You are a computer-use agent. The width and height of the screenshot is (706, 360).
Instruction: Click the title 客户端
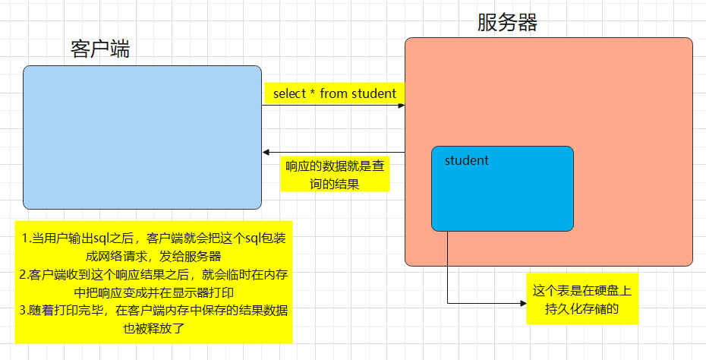click(100, 49)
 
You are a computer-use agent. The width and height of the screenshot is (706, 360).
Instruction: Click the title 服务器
click(507, 22)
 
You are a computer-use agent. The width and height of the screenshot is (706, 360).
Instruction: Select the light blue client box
click(142, 137)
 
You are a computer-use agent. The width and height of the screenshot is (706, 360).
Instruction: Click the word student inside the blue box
click(466, 160)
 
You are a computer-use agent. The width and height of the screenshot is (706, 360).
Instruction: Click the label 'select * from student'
click(334, 93)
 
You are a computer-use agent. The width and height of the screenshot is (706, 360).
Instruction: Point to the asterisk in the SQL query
click(312, 93)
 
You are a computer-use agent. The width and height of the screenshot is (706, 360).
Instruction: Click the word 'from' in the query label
click(333, 93)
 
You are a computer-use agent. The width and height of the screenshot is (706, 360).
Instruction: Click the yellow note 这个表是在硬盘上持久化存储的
click(582, 299)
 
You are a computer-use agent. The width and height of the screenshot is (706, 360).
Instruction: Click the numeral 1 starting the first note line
click(24, 238)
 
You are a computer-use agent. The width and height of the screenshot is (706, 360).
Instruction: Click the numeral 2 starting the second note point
click(24, 275)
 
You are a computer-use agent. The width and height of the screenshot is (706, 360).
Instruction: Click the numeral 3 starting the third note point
click(24, 311)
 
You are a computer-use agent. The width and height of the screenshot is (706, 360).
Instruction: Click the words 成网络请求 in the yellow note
click(126, 257)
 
